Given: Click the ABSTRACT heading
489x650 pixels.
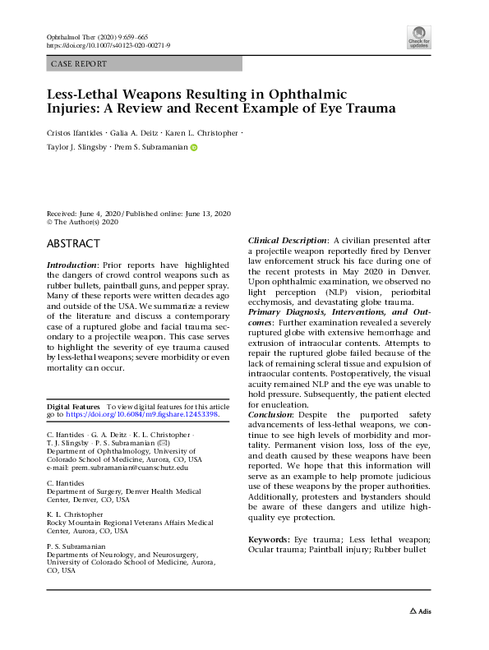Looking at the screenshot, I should coord(73,244).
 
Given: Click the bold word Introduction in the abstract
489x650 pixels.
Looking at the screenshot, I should coord(72,265).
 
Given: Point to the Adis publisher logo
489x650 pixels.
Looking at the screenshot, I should coord(420,611).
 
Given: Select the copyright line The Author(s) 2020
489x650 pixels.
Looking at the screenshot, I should coord(82,222).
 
